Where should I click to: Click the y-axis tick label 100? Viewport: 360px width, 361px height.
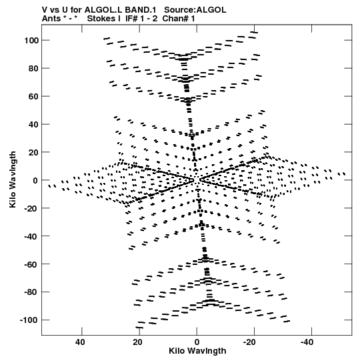pyautogui.click(x=31, y=41)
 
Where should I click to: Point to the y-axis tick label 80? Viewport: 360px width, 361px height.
pyautogui.click(x=33, y=69)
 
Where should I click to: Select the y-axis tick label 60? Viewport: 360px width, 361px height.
pyautogui.click(x=33, y=97)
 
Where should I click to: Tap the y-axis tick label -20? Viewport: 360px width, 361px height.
pyautogui.click(x=31, y=208)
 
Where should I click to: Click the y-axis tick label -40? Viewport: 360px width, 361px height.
pyautogui.click(x=31, y=236)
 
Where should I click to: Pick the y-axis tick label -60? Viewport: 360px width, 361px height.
pyautogui.click(x=31, y=264)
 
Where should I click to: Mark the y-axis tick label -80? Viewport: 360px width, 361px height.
pyautogui.click(x=31, y=292)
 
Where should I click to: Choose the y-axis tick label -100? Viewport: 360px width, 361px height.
pyautogui.click(x=29, y=320)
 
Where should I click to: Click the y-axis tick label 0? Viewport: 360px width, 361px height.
pyautogui.click(x=35, y=180)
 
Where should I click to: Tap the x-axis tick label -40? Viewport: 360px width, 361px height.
pyautogui.click(x=307, y=342)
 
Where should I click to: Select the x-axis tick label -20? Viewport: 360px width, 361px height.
pyautogui.click(x=249, y=342)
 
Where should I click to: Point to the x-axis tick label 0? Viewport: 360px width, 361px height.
pyautogui.click(x=197, y=342)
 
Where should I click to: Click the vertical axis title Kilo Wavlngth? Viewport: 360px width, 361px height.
pyautogui.click(x=13, y=179)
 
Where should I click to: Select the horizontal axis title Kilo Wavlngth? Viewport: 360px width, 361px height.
pyautogui.click(x=197, y=351)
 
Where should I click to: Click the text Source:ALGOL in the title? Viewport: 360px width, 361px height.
pyautogui.click(x=195, y=10)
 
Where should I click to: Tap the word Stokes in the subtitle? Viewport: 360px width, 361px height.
pyautogui.click(x=101, y=19)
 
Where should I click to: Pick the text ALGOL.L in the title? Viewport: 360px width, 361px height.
pyautogui.click(x=103, y=10)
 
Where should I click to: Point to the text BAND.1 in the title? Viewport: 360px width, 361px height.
pyautogui.click(x=141, y=10)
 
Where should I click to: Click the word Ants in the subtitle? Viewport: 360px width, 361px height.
pyautogui.click(x=51, y=19)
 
